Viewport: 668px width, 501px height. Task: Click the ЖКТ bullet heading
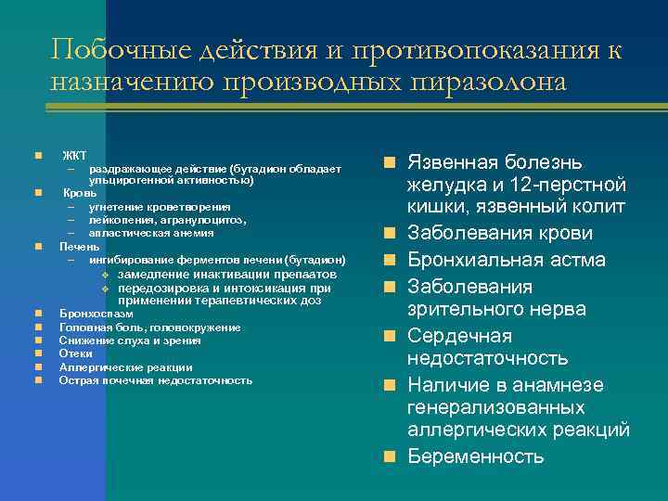(74, 154)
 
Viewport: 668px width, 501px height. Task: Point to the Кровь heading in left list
(78, 193)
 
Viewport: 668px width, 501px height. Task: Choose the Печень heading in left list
(80, 247)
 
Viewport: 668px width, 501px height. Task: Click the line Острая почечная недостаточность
(155, 380)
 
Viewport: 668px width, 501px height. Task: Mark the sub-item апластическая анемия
(150, 233)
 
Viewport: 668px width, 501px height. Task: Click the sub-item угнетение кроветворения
(160, 206)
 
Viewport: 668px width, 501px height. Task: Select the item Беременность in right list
(476, 456)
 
